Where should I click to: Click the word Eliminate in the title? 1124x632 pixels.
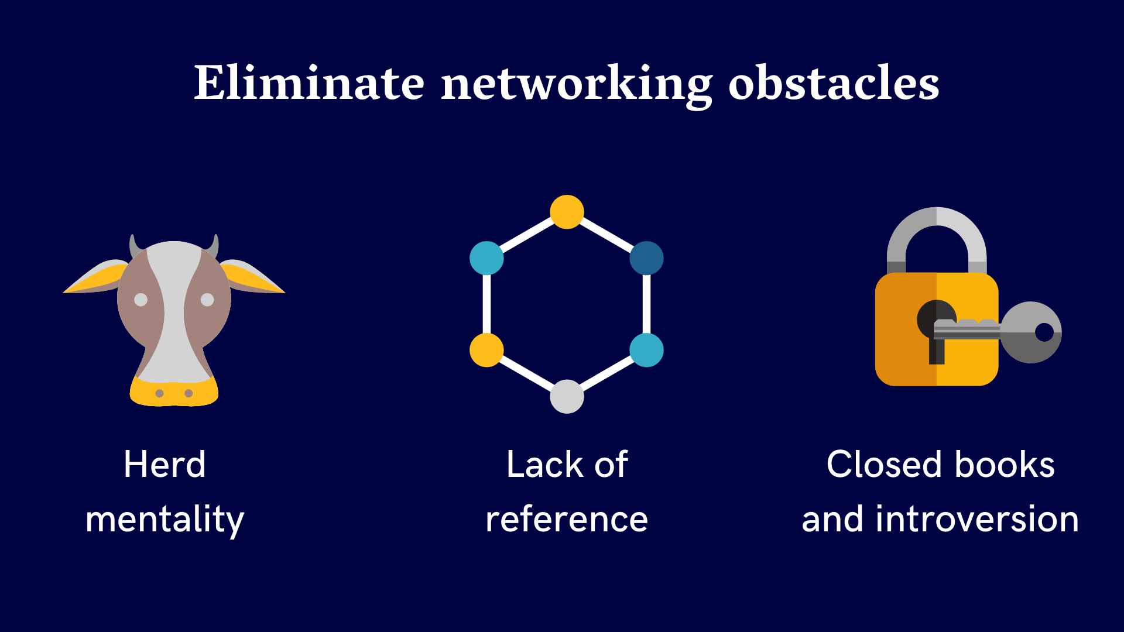pyautogui.click(x=309, y=83)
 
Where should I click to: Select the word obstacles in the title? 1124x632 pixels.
pyautogui.click(x=834, y=83)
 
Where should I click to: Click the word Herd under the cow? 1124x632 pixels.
pyautogui.click(x=165, y=465)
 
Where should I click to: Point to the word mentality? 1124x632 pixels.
pyautogui.click(x=165, y=520)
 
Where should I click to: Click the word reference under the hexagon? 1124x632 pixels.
pyautogui.click(x=566, y=520)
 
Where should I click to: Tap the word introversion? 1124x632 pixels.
pyautogui.click(x=977, y=520)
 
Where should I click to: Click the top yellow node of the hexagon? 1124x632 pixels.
pyautogui.click(x=567, y=212)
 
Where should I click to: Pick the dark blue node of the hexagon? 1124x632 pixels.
pyautogui.click(x=646, y=258)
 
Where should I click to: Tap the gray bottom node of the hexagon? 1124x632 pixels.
pyautogui.click(x=567, y=396)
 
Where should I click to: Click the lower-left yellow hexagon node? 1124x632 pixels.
pyautogui.click(x=486, y=350)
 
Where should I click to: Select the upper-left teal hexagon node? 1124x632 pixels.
pyautogui.click(x=486, y=258)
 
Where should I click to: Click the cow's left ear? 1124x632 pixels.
pyautogui.click(x=97, y=278)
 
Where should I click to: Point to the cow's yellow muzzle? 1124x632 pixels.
pyautogui.click(x=174, y=393)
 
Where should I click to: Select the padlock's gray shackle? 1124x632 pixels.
pyautogui.click(x=937, y=234)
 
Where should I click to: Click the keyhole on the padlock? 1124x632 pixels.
pyautogui.click(x=936, y=328)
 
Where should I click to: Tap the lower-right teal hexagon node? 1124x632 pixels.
pyautogui.click(x=646, y=350)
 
